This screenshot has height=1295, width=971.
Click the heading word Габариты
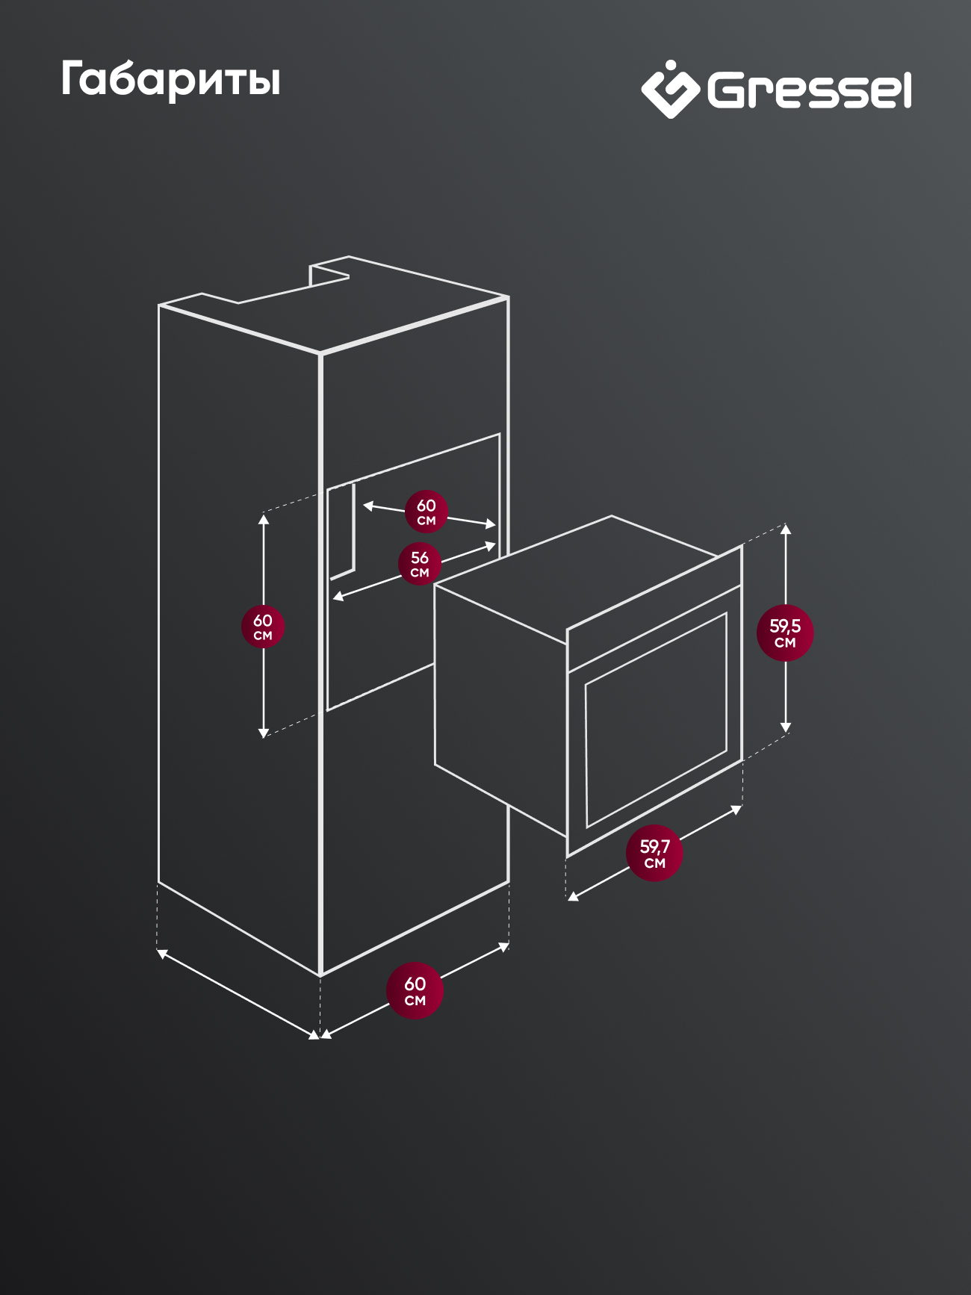pos(170,79)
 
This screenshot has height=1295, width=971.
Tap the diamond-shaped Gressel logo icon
pos(670,90)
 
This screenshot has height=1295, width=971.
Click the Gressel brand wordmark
pos(810,90)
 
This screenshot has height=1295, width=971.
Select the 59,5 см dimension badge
pos(785,633)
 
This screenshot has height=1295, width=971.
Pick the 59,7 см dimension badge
pos(655,853)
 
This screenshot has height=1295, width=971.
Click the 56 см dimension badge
pos(420,564)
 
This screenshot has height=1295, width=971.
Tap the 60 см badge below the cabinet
pos(415,991)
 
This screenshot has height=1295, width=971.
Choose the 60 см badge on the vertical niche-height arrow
pos(263,627)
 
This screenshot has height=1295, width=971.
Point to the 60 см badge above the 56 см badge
pos(426,512)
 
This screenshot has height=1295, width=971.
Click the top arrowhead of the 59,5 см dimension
pos(785,529)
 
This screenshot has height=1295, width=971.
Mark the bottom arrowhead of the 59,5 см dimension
pos(785,727)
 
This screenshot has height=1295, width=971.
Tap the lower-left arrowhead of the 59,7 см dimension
pos(573,895)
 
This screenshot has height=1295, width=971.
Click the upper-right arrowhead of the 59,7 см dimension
pos(736,810)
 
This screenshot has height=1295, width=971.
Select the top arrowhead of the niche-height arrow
pos(263,518)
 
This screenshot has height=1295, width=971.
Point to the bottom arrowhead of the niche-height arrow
pos(263,733)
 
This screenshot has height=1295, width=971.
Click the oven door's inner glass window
pos(657,720)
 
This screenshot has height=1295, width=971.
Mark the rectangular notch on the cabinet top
pos(329,273)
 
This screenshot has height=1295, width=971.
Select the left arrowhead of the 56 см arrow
pos(338,596)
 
